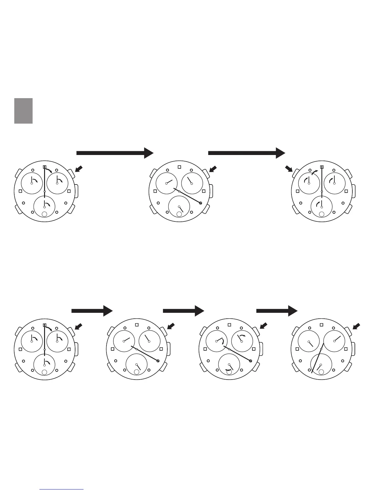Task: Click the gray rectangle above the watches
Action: click(23, 111)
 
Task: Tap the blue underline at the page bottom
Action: click(62, 490)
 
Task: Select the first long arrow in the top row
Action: click(115, 153)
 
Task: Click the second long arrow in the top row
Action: click(246, 153)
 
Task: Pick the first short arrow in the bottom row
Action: click(92, 311)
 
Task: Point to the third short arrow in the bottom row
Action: click(277, 311)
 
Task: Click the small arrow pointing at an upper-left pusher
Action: click(289, 169)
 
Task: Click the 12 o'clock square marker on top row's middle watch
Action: click(179, 167)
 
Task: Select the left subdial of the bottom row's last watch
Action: click(309, 341)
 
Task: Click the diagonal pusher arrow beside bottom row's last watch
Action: click(357, 326)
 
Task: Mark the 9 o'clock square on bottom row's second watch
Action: click(112, 349)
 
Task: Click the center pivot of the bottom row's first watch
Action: click(45, 349)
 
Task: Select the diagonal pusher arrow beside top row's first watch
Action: click(79, 169)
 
